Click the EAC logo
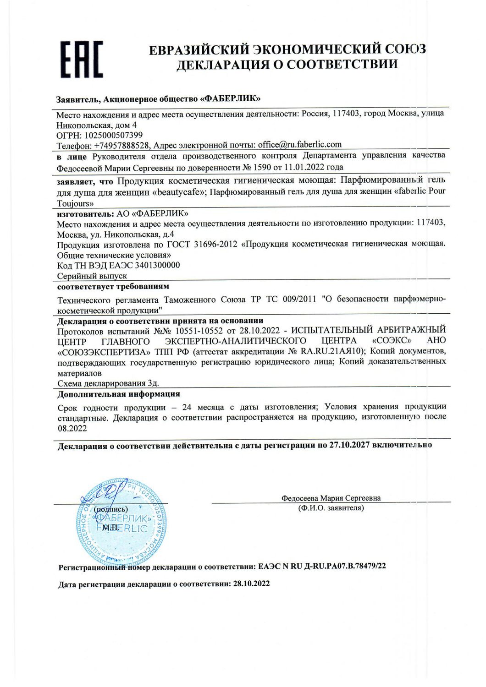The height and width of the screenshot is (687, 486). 82,60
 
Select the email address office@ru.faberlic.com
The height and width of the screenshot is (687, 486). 299,145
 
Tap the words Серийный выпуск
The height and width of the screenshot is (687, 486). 92,276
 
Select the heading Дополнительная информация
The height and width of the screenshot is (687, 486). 118,394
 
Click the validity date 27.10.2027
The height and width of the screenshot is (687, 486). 349,445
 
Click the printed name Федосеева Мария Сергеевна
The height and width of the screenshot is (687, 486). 331,498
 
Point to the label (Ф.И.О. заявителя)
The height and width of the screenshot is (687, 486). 331,508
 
